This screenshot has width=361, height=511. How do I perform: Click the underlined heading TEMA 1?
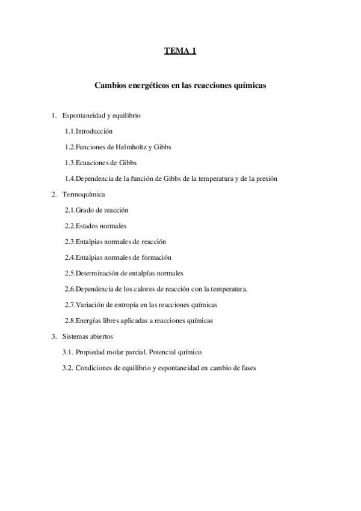click(x=180, y=51)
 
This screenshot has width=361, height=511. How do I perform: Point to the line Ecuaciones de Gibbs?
click(x=106, y=163)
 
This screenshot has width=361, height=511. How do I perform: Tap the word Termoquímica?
click(x=84, y=195)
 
